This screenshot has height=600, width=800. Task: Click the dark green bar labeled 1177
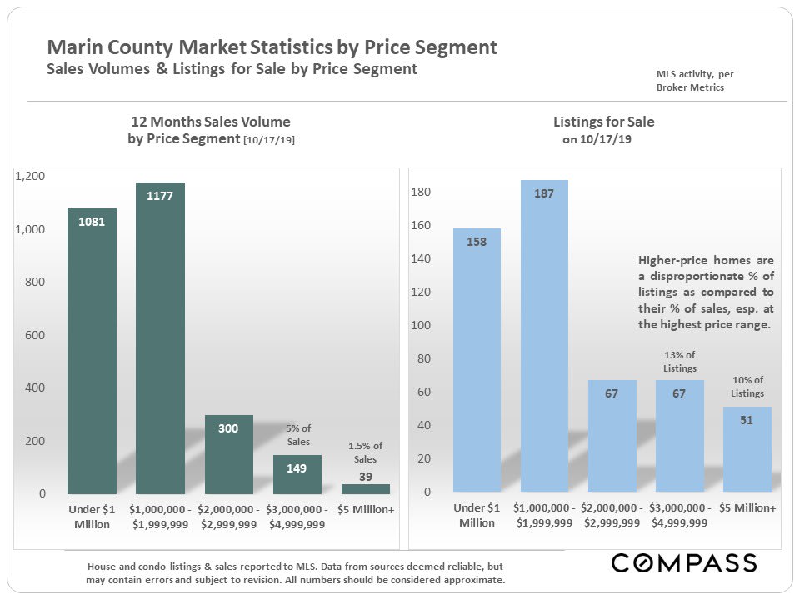click(160, 337)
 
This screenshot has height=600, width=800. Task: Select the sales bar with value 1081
click(92, 350)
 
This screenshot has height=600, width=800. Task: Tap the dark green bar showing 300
click(228, 454)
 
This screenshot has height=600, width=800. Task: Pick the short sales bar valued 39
click(365, 488)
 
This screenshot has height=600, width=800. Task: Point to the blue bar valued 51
click(747, 449)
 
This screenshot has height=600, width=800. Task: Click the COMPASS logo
click(684, 563)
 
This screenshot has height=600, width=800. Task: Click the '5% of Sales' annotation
click(297, 435)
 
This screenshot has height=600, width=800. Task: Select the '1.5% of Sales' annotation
click(365, 452)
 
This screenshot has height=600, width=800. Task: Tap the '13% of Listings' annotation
click(679, 362)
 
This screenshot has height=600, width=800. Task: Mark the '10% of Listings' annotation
click(747, 387)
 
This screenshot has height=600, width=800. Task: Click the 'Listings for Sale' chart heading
click(603, 122)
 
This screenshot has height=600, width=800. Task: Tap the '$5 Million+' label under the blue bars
click(747, 508)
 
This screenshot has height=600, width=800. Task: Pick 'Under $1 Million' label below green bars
click(92, 516)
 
